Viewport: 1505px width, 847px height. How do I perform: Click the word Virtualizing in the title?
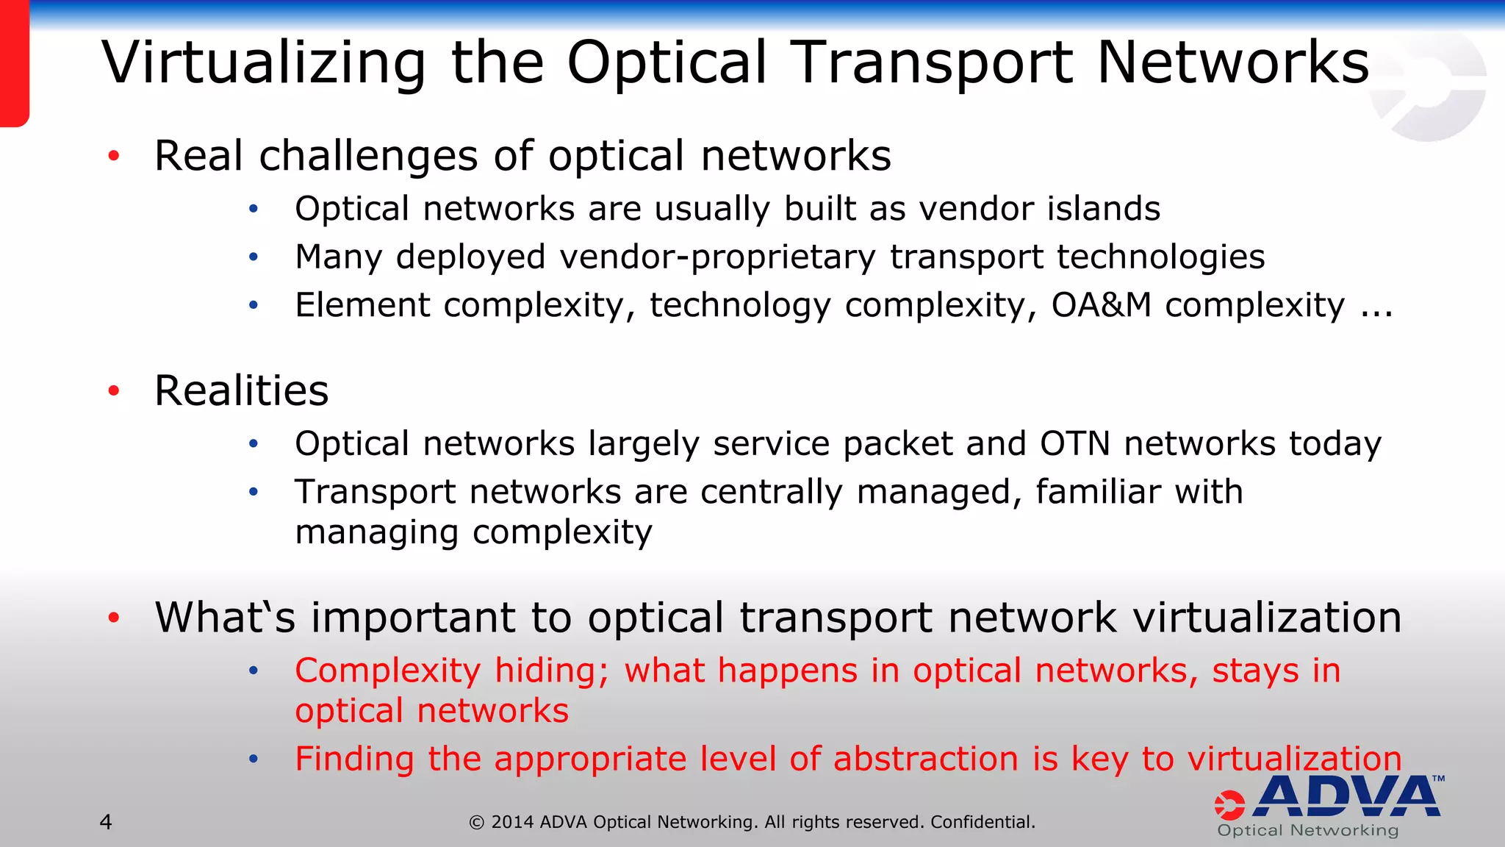coord(264,63)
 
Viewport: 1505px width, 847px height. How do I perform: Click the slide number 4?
coord(106,822)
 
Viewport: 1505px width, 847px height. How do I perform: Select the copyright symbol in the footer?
coord(477,823)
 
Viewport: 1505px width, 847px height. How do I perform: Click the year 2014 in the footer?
coord(512,822)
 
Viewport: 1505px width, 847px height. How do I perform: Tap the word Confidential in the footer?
coord(982,822)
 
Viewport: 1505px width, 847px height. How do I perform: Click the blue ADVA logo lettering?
coord(1346,797)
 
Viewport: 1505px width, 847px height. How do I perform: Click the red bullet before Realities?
coord(114,390)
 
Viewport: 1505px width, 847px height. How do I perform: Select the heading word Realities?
coord(241,390)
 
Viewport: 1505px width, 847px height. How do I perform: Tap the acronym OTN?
coord(1074,444)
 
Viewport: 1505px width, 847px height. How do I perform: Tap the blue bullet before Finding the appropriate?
coord(254,759)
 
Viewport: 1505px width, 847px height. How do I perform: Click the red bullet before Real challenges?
coord(114,156)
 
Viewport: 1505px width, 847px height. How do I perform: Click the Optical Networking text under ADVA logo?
coord(1307,831)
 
